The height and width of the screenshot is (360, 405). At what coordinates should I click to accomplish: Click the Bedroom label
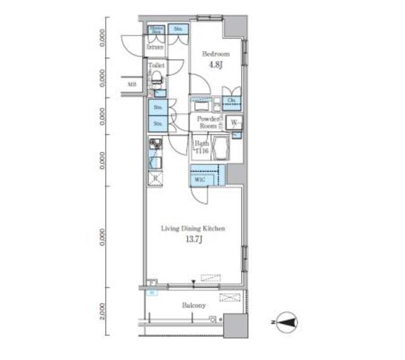[215, 54]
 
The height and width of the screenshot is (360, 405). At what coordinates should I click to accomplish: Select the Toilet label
[156, 65]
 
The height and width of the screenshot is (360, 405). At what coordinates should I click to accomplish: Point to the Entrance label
[156, 47]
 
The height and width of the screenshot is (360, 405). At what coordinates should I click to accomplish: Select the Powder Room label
[208, 123]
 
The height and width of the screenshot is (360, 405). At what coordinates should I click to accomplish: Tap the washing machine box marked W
[234, 123]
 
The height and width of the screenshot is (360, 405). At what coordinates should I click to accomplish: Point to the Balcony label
[194, 306]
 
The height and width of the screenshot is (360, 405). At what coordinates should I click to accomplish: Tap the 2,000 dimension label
[103, 311]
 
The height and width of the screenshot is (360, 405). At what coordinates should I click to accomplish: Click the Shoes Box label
[156, 30]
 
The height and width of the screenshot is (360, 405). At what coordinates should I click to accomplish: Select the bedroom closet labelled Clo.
[232, 101]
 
